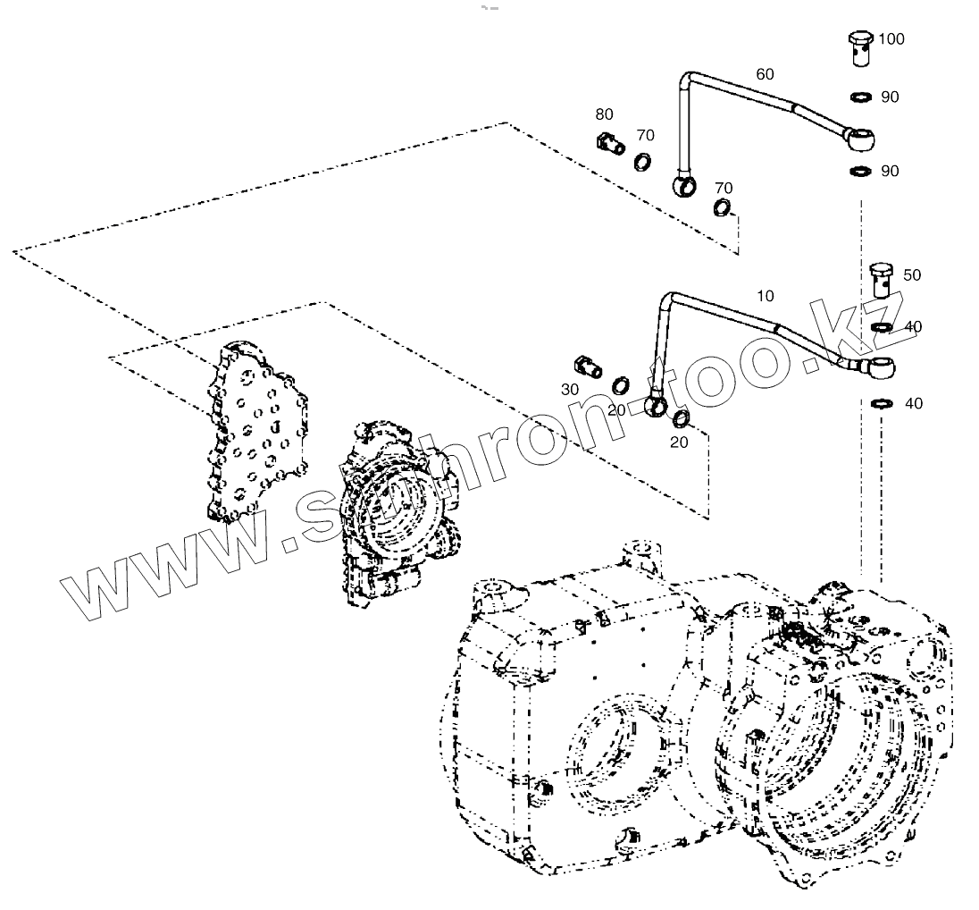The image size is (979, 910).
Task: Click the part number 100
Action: click(x=891, y=39)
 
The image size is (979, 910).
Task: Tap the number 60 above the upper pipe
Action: click(x=765, y=74)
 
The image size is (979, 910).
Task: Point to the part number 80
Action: click(x=605, y=114)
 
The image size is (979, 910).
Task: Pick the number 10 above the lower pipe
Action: click(x=766, y=296)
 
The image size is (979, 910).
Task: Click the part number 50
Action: click(x=911, y=275)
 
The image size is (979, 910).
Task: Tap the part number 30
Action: click(x=571, y=390)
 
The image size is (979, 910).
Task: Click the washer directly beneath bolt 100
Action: click(x=862, y=97)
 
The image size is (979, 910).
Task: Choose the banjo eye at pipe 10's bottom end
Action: click(x=656, y=405)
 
